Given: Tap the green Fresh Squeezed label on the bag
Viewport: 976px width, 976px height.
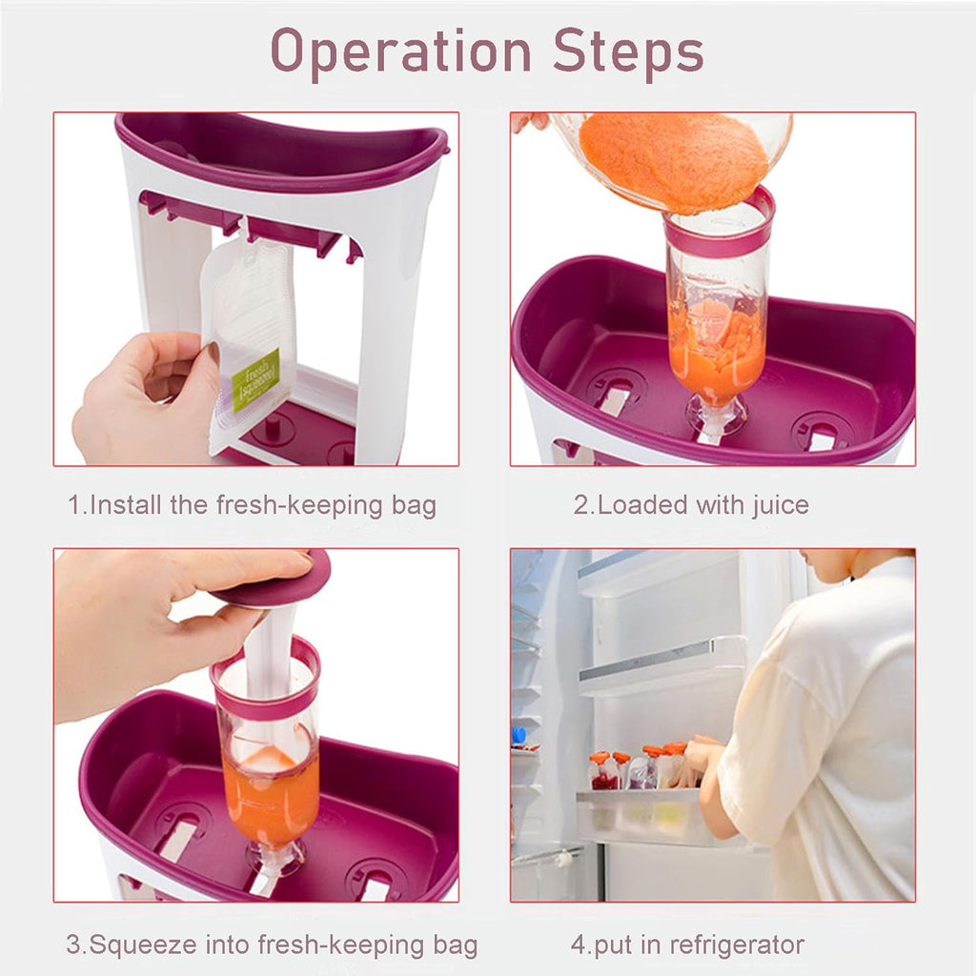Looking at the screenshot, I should coord(255,378).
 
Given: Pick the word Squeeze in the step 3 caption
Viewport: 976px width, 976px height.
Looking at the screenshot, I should coord(143,945).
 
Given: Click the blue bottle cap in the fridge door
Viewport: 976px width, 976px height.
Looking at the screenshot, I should coord(518,735).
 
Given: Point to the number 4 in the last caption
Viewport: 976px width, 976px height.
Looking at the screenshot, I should coord(578,945).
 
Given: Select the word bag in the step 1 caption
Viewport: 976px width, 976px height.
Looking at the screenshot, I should coord(413,504).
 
